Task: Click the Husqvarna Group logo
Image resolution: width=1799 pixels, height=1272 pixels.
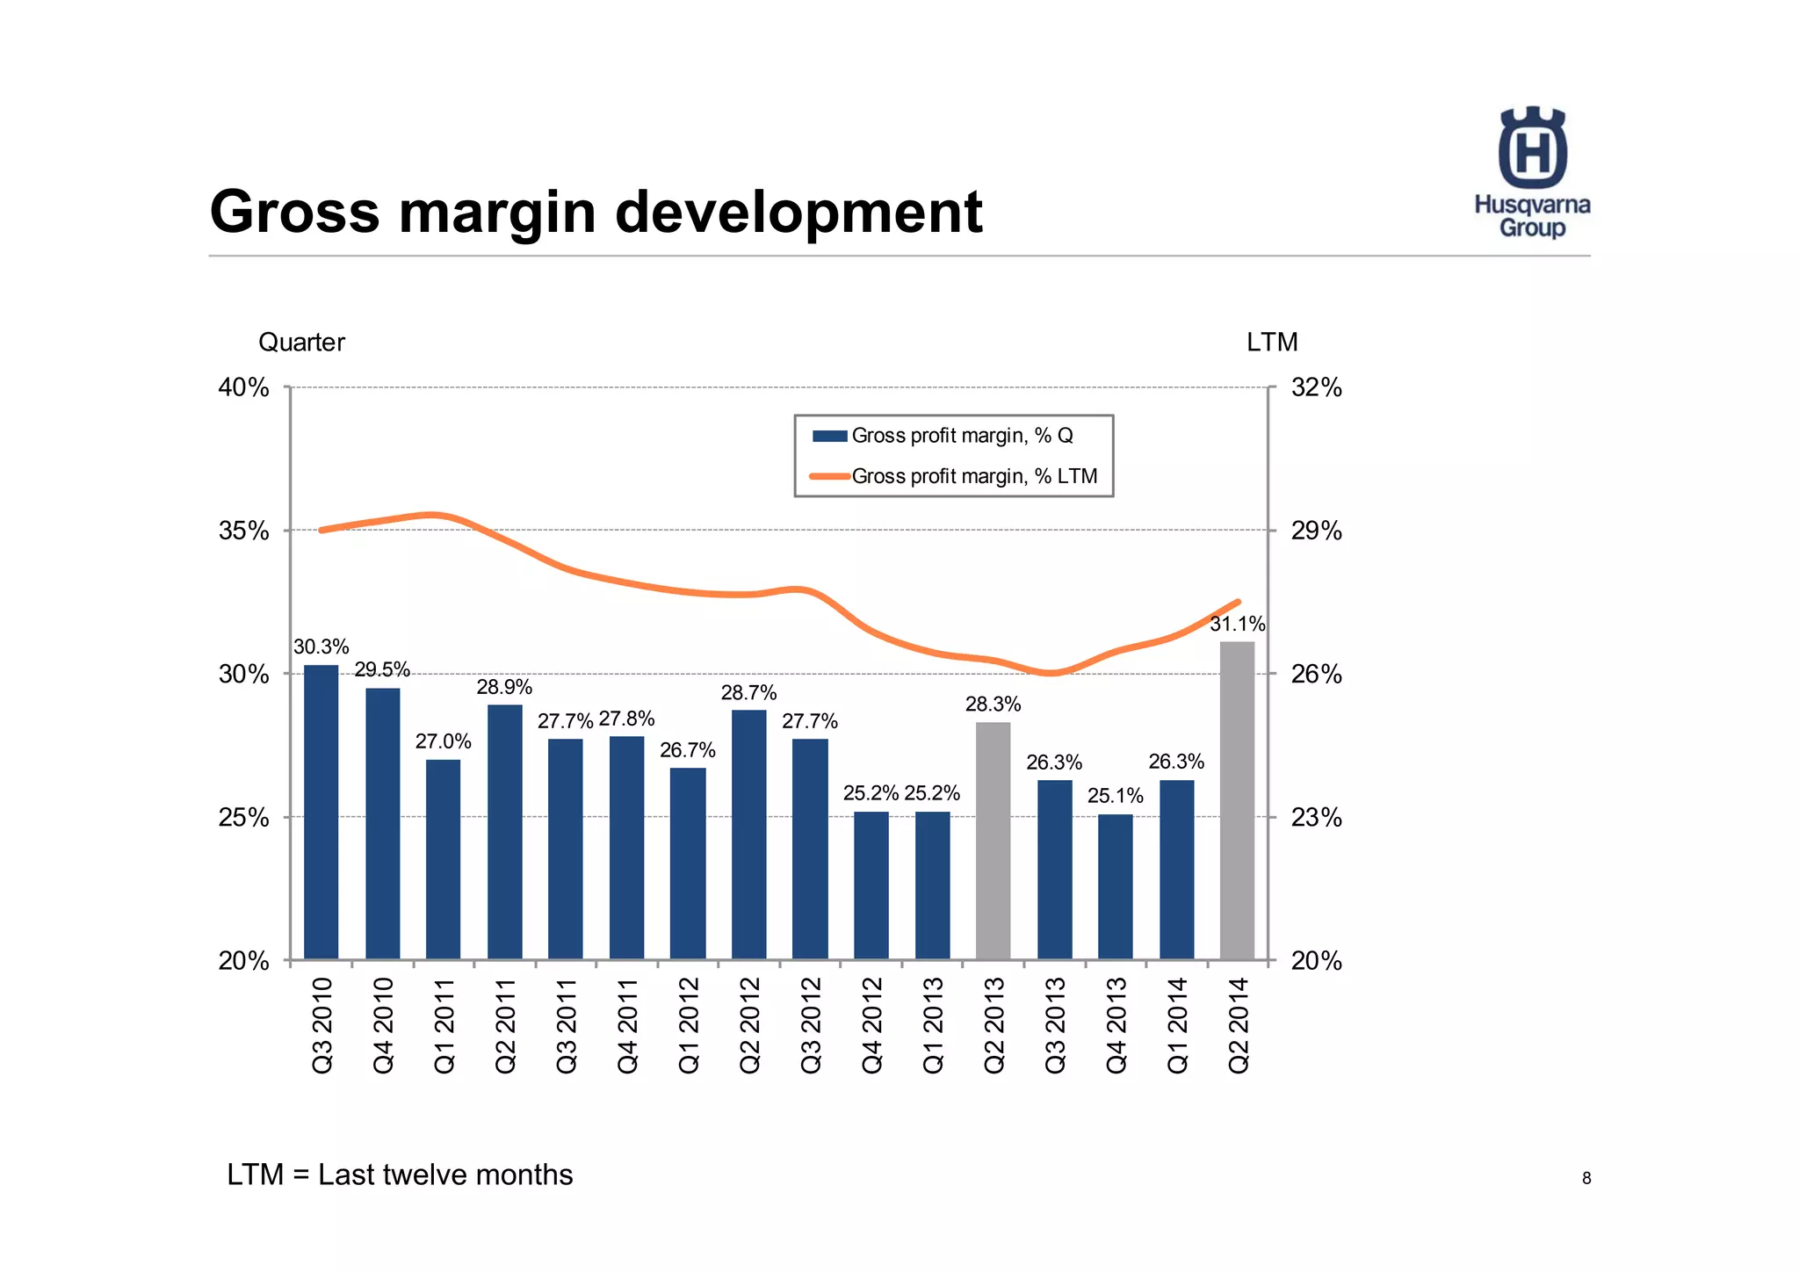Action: pos(1532,172)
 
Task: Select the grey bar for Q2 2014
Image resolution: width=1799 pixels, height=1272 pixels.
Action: pos(1237,800)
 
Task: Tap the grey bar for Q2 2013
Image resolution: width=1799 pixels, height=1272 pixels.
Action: pos(993,841)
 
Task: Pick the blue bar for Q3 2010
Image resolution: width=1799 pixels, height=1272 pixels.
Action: pos(321,812)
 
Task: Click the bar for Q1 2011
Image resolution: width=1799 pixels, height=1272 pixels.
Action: pos(443,859)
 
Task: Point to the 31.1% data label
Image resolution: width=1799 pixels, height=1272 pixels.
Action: pos(1237,625)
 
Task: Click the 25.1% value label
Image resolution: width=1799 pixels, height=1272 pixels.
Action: pos(1115,796)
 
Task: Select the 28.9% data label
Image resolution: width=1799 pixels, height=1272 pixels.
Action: pos(504,687)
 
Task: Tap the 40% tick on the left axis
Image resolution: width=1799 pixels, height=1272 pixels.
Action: pos(243,387)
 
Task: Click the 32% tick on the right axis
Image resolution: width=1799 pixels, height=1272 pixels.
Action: pos(1316,387)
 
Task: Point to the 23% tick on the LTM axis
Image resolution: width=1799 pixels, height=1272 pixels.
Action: pos(1316,818)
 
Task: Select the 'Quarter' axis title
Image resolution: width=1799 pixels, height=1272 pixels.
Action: pos(301,343)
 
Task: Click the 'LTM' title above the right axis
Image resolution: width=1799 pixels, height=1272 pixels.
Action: pos(1271,343)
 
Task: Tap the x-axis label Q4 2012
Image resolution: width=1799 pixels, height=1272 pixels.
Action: pos(871,1024)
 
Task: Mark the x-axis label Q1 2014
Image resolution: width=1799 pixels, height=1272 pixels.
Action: pos(1176,1024)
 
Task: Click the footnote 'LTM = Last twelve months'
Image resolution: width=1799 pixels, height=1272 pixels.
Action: pos(400,1174)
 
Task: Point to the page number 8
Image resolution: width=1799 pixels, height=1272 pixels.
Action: pos(1586,1179)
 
